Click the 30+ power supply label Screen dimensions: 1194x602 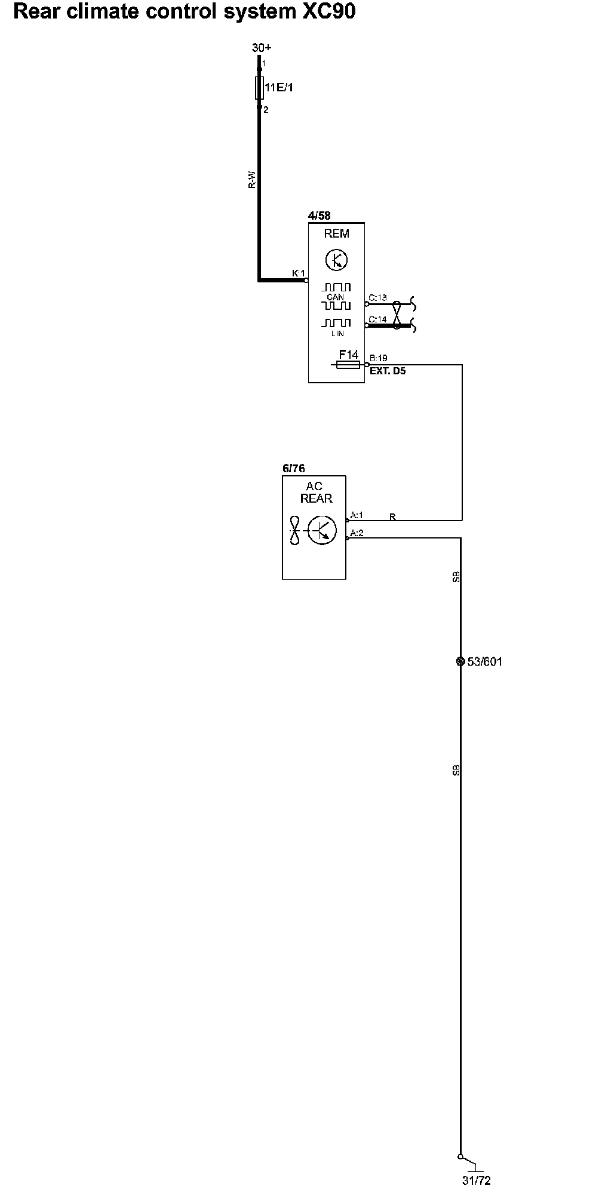261,48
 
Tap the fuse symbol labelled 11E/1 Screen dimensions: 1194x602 260,88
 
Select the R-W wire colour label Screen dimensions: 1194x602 252,180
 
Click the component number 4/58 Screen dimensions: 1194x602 319,216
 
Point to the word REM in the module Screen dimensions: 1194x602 336,234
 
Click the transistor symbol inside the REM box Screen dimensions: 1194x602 337,260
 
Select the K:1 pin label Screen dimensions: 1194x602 298,273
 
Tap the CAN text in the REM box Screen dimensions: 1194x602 335,297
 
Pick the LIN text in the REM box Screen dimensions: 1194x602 337,333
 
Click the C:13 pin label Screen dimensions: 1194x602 377,297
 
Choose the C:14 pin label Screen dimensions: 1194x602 377,319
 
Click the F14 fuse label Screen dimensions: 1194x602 348,355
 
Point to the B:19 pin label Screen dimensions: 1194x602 379,358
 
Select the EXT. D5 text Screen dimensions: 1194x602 388,371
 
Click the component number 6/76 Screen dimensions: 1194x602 293,469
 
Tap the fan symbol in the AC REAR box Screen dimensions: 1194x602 294,530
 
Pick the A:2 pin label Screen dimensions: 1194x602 357,533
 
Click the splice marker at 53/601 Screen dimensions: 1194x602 460,661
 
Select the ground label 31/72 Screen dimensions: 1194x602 476,1180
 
